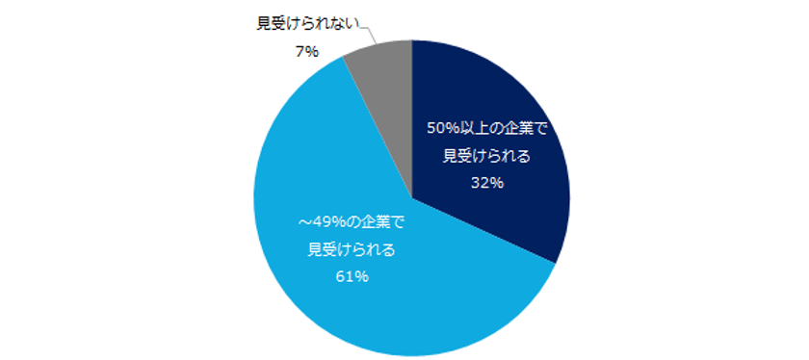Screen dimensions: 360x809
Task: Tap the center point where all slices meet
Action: (411, 198)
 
